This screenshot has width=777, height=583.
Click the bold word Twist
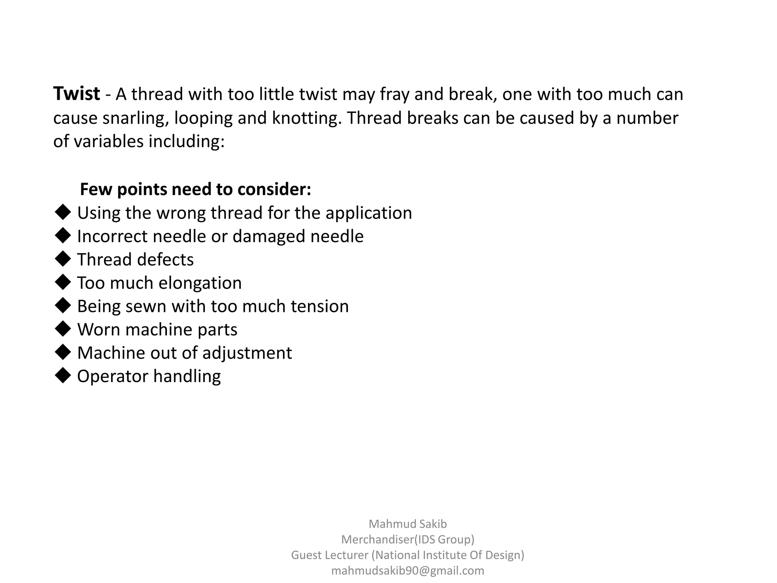tap(76, 94)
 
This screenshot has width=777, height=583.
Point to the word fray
tap(394, 95)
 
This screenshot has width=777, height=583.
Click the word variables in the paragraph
tap(109, 142)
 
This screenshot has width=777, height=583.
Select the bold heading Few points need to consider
tap(195, 189)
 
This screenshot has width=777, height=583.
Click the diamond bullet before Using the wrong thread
tap(63, 213)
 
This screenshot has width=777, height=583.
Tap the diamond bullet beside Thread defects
tap(63, 259)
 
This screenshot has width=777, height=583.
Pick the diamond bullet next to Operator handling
tap(63, 376)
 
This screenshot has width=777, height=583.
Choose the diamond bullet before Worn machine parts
tap(63, 329)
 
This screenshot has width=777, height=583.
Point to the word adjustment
tap(247, 353)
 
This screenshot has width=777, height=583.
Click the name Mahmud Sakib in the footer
tap(407, 524)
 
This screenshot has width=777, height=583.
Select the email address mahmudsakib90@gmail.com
tap(407, 571)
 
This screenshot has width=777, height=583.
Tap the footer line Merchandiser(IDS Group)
tap(407, 539)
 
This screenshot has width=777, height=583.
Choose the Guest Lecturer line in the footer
tap(407, 555)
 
